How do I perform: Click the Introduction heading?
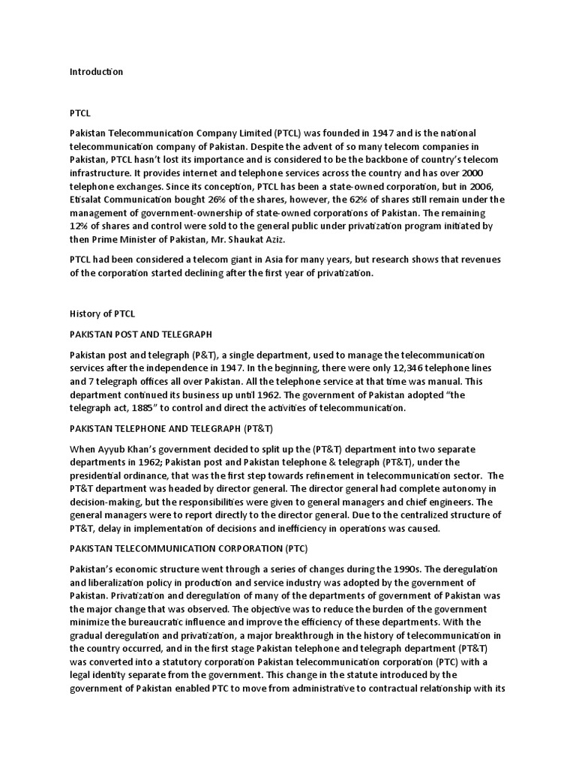click(x=96, y=72)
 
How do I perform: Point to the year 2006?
click(x=490, y=186)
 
